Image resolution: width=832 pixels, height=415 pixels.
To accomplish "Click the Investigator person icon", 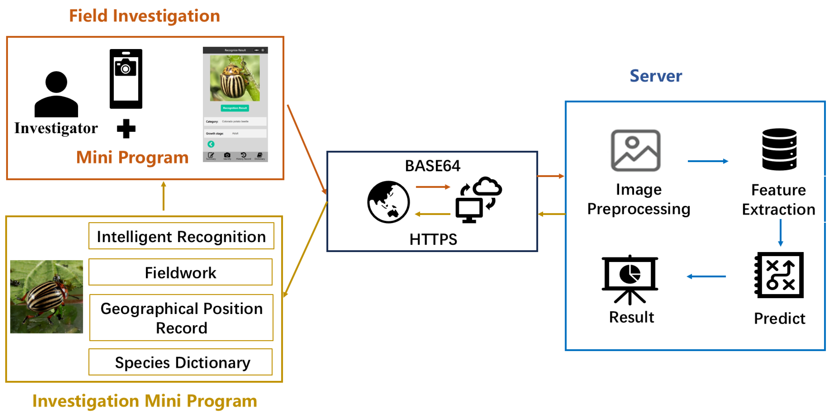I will point(56,94).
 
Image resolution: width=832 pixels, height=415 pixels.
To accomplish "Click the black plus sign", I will point(126,128).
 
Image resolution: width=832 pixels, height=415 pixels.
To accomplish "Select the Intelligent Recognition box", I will point(181,236).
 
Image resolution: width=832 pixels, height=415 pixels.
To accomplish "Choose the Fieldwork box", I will point(180,272).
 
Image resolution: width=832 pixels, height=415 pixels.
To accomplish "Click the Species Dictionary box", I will point(180,362).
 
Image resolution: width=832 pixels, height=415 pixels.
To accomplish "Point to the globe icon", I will point(388,202).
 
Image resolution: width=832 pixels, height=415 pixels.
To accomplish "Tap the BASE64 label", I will point(432,166).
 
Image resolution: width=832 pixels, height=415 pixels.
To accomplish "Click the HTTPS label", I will point(433,239).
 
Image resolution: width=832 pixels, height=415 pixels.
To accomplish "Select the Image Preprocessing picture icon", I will point(635,150).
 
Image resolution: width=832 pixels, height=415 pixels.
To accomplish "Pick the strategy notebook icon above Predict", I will point(779,275).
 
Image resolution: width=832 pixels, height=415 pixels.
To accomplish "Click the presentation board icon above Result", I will point(630,279).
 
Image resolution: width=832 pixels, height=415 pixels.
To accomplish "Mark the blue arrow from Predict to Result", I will point(706,276).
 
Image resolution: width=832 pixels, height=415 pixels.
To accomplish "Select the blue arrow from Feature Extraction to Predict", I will point(780,232).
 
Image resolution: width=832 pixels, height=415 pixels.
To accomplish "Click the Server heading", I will point(656,76).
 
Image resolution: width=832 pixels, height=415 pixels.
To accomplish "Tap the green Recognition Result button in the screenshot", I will point(235,108).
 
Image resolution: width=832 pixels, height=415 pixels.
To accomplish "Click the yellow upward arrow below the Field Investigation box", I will point(163,196).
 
